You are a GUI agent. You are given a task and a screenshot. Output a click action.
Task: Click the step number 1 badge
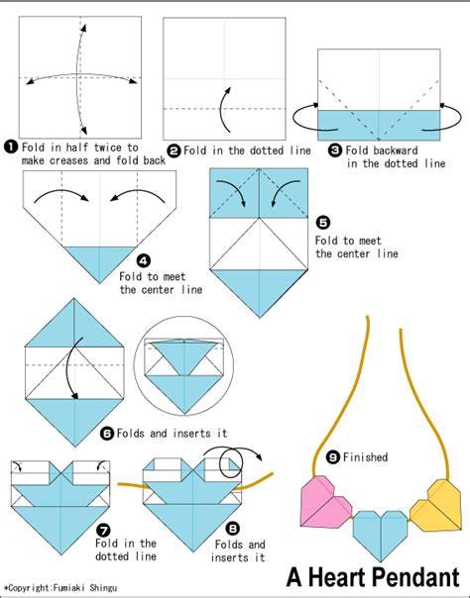[x=11, y=147]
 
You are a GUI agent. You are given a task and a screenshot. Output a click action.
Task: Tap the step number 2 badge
[x=175, y=151]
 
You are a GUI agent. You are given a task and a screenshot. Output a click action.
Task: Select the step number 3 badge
[x=335, y=150]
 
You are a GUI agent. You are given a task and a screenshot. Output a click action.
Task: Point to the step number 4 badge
[x=144, y=260]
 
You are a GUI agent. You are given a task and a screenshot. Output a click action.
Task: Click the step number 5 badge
[x=323, y=223]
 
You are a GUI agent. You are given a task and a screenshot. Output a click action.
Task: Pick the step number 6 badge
[x=107, y=434]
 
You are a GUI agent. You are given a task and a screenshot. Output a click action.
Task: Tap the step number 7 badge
[x=103, y=530]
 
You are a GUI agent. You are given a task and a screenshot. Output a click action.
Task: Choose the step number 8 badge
[x=232, y=529]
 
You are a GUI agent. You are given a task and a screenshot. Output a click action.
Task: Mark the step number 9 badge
[x=333, y=456]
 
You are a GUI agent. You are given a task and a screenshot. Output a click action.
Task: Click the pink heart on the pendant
[x=324, y=502]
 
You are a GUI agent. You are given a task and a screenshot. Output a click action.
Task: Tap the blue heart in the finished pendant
[x=381, y=534]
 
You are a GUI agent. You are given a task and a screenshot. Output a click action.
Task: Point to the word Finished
[x=365, y=456]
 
